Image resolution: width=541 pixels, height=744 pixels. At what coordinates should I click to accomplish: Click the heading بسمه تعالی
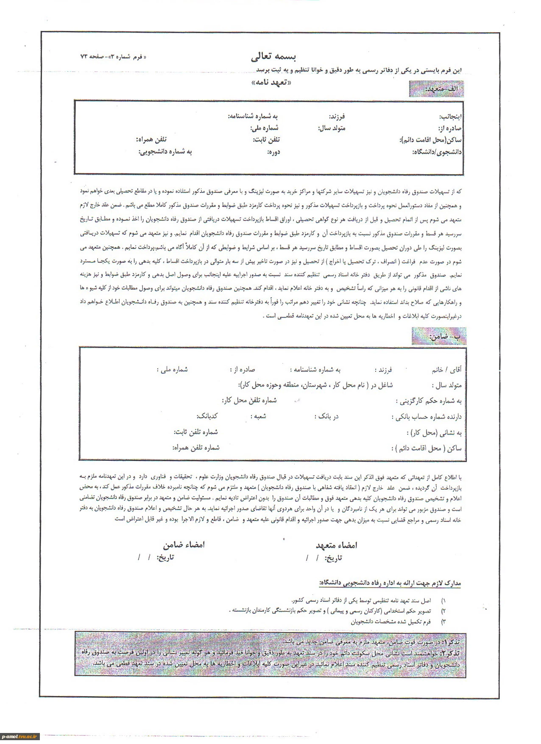273,56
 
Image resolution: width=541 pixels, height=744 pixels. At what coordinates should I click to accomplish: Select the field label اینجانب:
450,116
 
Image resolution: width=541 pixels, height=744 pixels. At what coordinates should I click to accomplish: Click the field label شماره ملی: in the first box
265,128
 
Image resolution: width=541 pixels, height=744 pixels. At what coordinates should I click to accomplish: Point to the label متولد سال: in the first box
335,128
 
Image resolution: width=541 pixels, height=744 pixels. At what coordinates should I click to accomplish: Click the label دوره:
273,152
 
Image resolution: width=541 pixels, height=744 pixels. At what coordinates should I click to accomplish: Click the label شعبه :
258,416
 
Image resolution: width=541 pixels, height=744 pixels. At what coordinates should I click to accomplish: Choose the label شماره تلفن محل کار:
249,401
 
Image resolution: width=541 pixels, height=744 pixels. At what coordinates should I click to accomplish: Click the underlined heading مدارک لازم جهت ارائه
390,584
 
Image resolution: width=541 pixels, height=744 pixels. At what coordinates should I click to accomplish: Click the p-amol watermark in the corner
20,736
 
